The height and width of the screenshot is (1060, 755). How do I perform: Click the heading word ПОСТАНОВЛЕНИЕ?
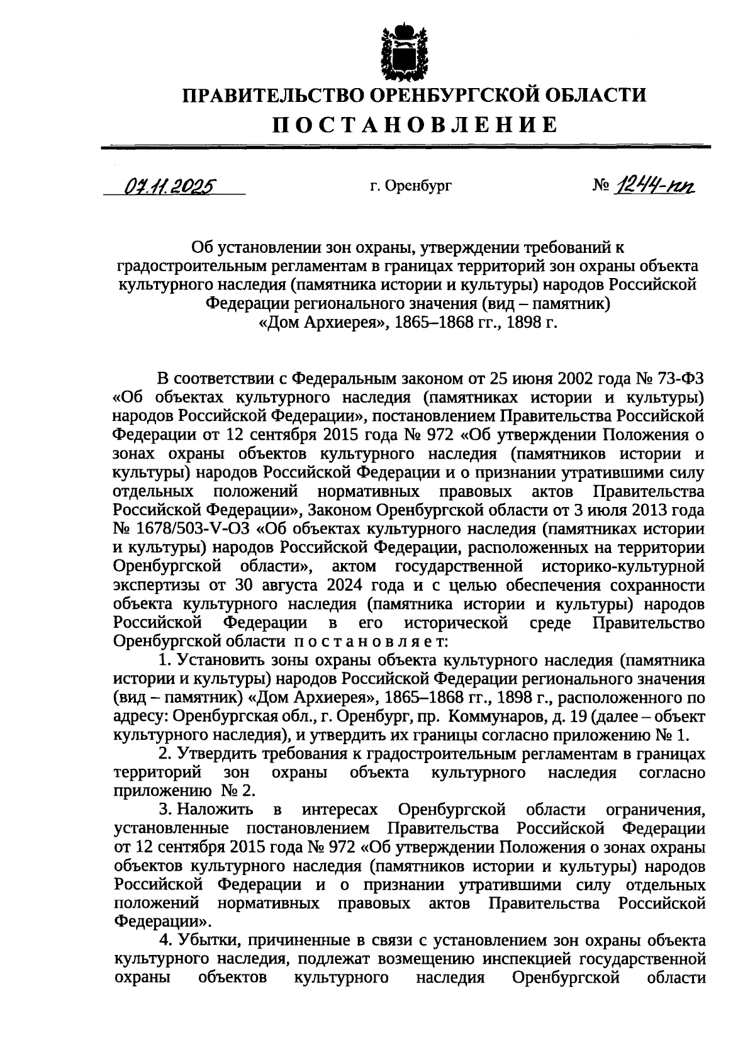coord(415,124)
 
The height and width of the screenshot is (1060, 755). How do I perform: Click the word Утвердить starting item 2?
coord(215,753)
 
